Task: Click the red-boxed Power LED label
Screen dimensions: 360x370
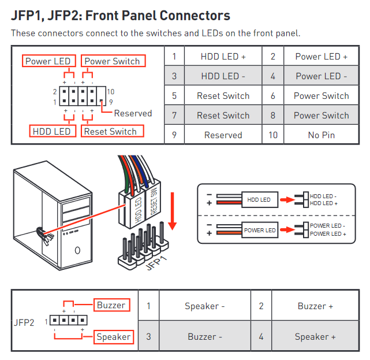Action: point(48,61)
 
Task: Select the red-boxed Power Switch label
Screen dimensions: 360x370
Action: point(112,61)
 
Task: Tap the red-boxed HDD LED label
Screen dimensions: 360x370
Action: point(52,131)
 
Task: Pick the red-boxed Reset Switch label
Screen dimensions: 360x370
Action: point(110,131)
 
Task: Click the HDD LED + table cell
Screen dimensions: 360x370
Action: point(223,57)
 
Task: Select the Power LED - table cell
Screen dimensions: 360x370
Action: point(321,76)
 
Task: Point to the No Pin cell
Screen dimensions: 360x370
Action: point(321,135)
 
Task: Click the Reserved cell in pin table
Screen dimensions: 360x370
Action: point(223,135)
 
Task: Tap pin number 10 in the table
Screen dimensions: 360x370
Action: point(272,135)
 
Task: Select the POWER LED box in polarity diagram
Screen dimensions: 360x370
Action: point(259,230)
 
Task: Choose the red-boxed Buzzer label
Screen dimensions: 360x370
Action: point(111,305)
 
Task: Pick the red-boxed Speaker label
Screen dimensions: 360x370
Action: point(113,337)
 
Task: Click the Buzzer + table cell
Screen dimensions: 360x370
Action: point(315,306)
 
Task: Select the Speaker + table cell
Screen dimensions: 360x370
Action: point(315,336)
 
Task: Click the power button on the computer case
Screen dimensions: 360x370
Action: point(77,251)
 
